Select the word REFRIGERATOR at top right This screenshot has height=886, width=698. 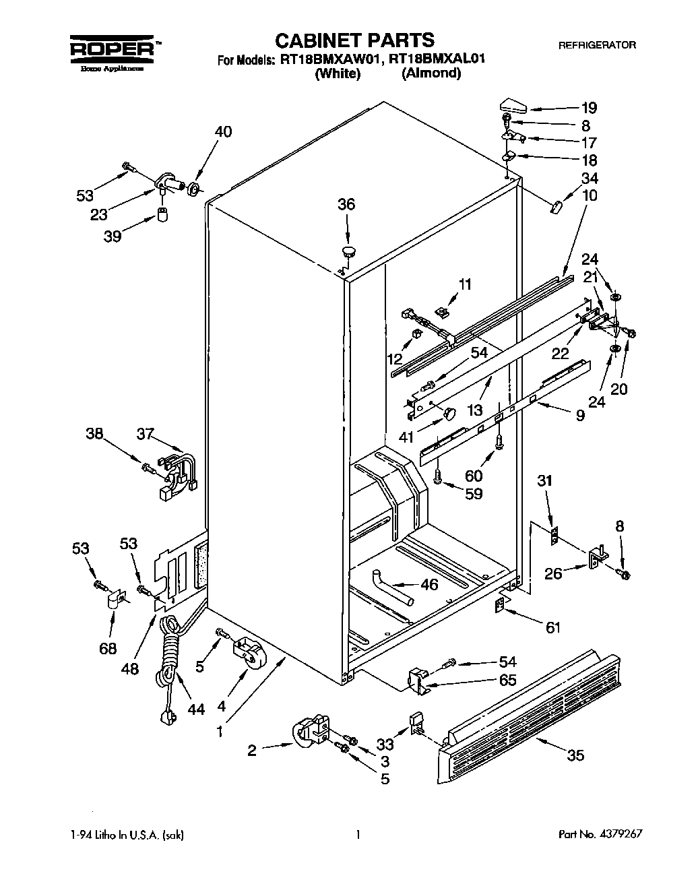597,45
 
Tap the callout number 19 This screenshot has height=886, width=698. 589,107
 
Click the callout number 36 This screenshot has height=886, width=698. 346,205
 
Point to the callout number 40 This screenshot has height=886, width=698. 222,132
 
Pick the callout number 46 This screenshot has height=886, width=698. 429,584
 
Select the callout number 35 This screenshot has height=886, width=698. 575,755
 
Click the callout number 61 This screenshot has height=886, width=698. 552,627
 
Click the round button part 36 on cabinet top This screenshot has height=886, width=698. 348,252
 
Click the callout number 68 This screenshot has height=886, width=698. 107,648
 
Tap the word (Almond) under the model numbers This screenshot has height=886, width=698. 431,73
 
